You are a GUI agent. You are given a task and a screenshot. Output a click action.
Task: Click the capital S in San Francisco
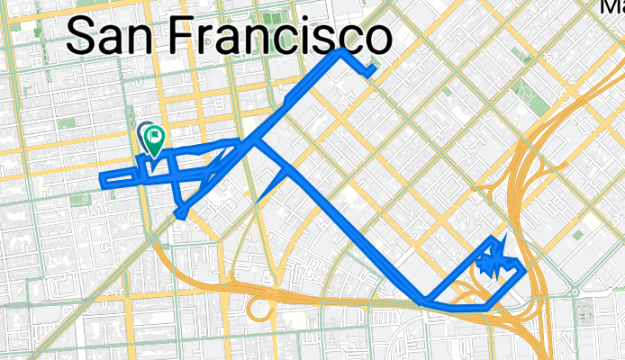[82, 39]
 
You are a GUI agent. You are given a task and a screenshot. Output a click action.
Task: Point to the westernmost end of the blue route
[101, 180]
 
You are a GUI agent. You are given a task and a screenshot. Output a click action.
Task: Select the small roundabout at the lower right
[574, 292]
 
